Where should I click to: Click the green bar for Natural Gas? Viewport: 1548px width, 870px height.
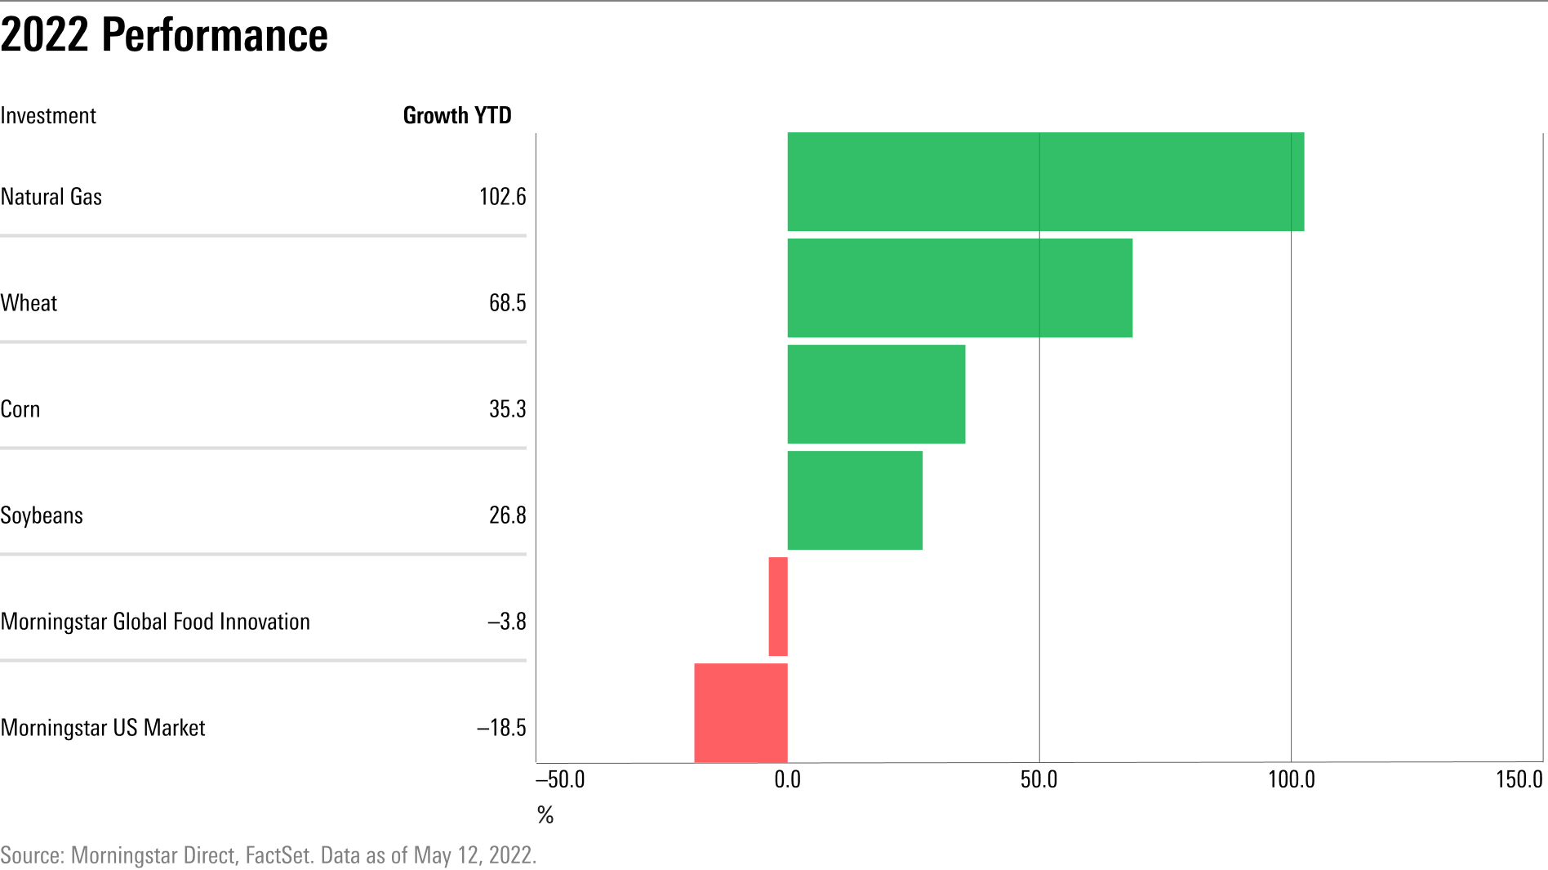click(x=1045, y=181)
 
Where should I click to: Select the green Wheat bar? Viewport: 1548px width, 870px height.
click(x=959, y=288)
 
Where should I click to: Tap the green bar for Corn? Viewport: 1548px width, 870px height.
click(x=876, y=394)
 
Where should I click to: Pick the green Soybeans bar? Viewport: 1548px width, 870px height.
click(x=855, y=500)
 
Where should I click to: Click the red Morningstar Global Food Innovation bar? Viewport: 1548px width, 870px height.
click(x=778, y=606)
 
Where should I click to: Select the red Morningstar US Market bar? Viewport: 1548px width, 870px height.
click(x=741, y=712)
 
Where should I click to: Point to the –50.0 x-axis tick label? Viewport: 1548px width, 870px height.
click(x=560, y=779)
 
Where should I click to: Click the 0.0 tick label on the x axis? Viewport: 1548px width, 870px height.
click(x=787, y=779)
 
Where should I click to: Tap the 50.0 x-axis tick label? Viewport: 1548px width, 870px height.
click(x=1039, y=779)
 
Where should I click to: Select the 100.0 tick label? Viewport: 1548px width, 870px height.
click(x=1291, y=779)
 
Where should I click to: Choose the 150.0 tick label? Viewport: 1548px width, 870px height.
click(x=1519, y=779)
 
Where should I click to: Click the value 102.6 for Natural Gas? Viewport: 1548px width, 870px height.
click(x=502, y=197)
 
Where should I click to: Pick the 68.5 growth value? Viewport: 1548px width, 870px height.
click(x=507, y=303)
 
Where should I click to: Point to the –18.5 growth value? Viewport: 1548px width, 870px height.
click(x=501, y=728)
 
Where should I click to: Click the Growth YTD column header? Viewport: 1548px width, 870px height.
click(x=457, y=116)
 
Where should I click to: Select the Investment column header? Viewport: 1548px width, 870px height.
click(x=48, y=116)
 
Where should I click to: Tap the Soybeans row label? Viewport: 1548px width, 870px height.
click(x=42, y=515)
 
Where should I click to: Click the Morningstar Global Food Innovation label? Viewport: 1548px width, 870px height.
click(x=155, y=622)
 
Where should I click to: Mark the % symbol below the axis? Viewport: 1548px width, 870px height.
click(x=545, y=814)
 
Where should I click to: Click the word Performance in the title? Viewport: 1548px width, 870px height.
click(x=215, y=35)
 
